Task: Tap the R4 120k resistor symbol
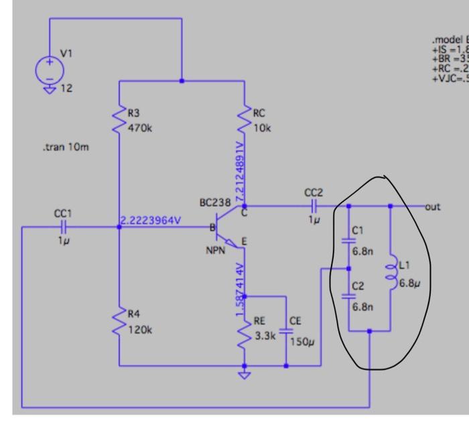[119, 322]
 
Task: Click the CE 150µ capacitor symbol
[286, 331]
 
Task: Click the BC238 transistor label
[214, 202]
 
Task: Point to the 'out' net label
[433, 206]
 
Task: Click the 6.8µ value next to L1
[409, 283]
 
